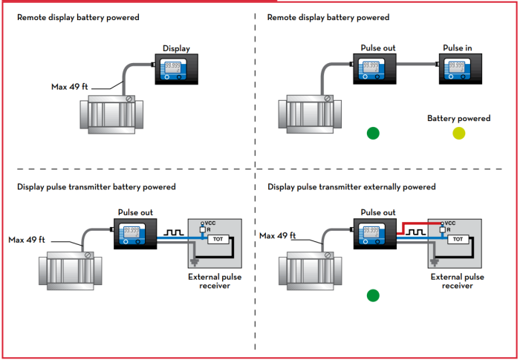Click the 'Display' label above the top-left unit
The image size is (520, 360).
(x=176, y=49)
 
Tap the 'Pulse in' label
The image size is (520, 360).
(x=457, y=48)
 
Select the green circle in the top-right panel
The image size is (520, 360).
(x=373, y=134)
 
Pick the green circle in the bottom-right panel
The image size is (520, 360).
(x=373, y=295)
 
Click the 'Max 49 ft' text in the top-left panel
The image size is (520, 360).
(x=71, y=87)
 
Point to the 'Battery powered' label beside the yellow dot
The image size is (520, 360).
(x=458, y=118)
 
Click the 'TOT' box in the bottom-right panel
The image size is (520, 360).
(x=458, y=239)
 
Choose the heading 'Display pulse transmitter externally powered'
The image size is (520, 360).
(x=351, y=187)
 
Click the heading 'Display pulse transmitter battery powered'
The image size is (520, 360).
(x=97, y=187)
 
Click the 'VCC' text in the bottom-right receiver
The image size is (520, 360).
(x=449, y=223)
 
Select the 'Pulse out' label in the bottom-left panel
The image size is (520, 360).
(x=135, y=212)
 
